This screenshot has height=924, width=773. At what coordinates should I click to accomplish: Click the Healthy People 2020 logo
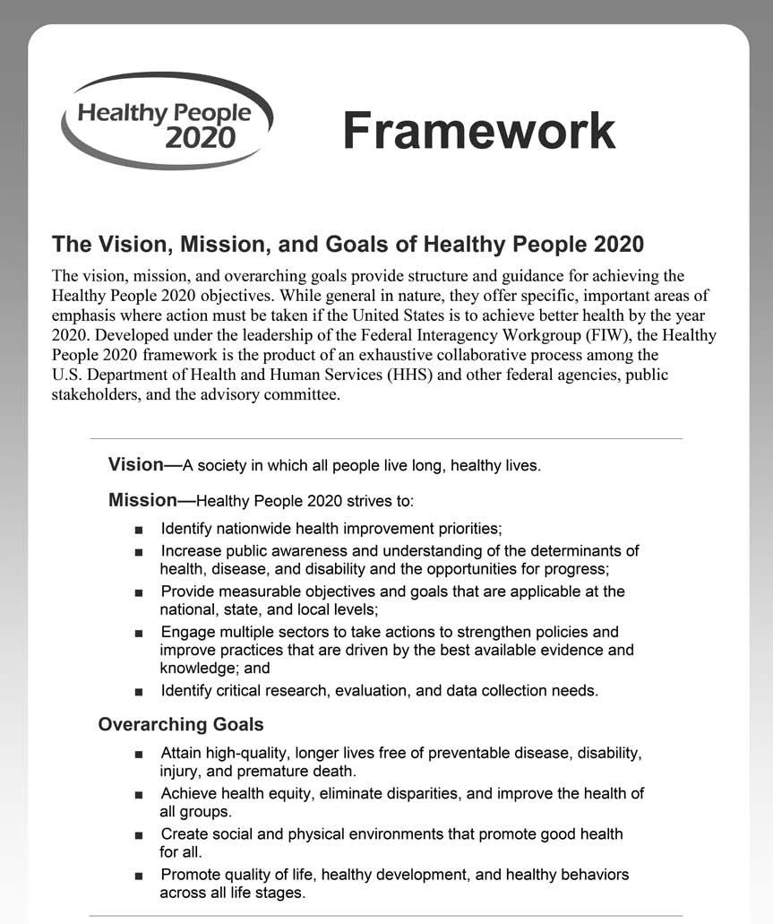[167, 122]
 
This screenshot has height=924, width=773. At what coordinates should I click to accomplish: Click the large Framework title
[478, 131]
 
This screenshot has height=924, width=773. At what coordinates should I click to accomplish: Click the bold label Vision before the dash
[135, 464]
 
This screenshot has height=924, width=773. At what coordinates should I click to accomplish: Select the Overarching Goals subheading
[180, 723]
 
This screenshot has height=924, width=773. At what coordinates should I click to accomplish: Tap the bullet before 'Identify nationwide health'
[138, 529]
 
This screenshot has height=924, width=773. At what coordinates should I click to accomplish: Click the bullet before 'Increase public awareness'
[138, 551]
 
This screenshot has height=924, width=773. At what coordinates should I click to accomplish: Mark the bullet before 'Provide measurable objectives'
[138, 592]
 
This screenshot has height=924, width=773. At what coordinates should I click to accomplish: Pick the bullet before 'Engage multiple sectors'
[138, 633]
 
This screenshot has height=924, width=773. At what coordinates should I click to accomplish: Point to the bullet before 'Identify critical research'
[138, 691]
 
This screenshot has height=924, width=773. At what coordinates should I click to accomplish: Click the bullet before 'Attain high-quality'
[138, 754]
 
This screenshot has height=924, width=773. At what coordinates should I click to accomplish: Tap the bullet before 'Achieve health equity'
[138, 794]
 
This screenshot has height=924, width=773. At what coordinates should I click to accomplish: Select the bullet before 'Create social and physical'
[138, 834]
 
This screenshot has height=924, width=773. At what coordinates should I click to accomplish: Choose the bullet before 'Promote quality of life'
[138, 875]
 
